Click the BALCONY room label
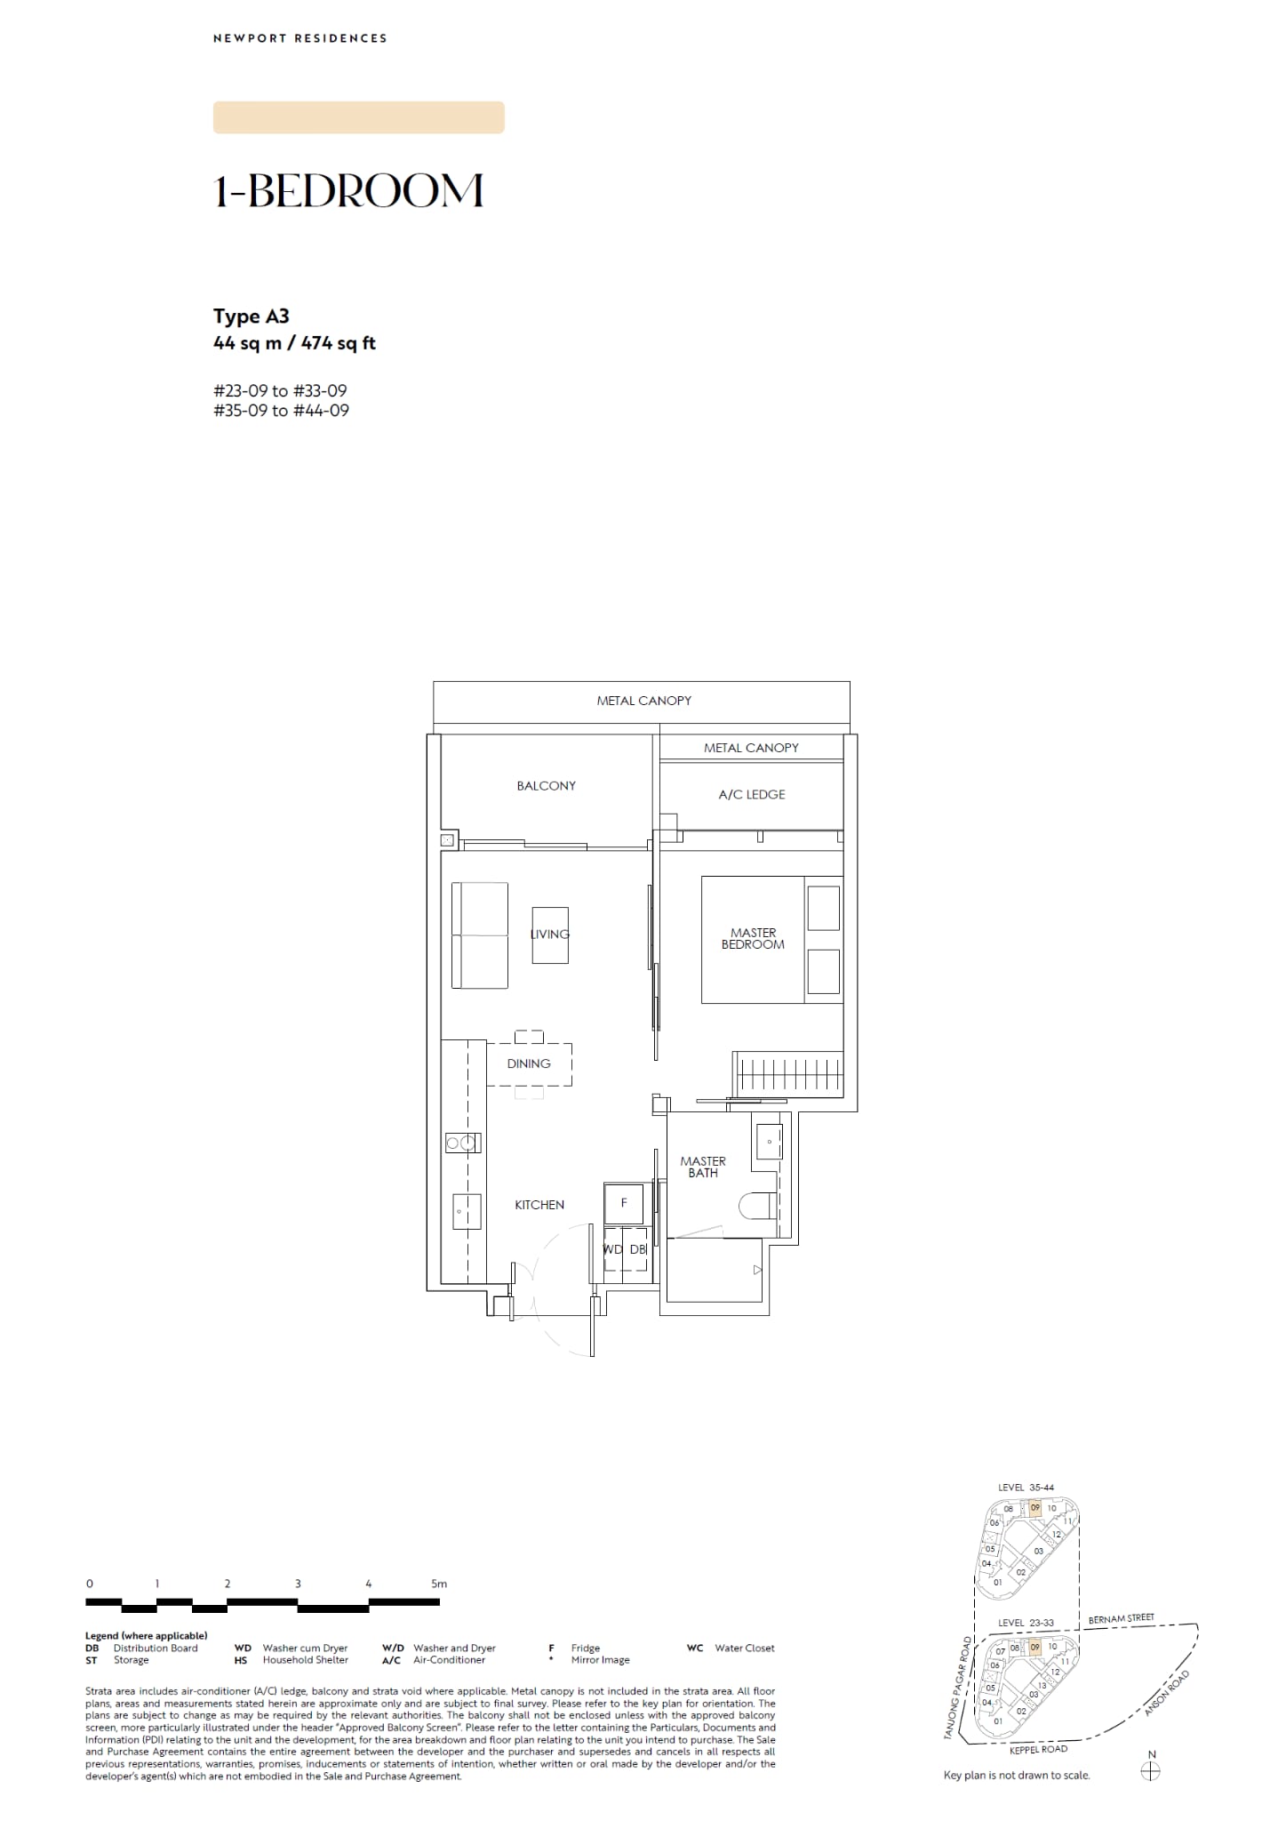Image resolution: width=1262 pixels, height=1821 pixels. coord(546,786)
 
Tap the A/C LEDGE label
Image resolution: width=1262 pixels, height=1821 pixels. coord(752,795)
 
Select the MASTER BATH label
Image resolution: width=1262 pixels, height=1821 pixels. coord(703,1167)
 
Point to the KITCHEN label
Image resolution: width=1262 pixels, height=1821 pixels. coord(539,1205)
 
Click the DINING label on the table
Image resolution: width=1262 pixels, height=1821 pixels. coord(529,1063)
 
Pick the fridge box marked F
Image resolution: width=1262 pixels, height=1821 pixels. coord(624,1203)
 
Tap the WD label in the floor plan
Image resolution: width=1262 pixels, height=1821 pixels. coord(613,1249)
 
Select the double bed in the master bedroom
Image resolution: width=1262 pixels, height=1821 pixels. coord(771,940)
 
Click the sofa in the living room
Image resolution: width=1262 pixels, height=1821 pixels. coord(480,935)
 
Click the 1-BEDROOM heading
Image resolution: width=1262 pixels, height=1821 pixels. coord(348,191)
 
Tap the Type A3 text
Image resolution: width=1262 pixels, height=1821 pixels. coord(252,317)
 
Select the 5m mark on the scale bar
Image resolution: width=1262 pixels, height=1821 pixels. coord(439,1584)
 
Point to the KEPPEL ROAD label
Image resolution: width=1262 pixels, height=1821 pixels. coord(1038,1750)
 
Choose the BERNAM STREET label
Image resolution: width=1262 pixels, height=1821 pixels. coord(1122,1618)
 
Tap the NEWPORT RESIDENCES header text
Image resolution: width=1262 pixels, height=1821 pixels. coord(300,38)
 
